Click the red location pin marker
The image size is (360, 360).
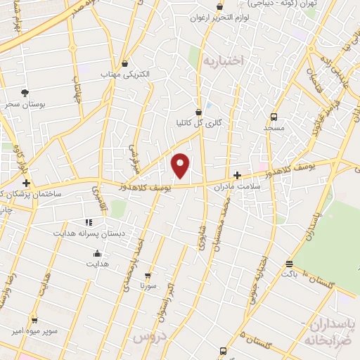tap(181, 165)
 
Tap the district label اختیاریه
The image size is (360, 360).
tap(222, 62)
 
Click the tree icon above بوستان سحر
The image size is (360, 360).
tap(25, 93)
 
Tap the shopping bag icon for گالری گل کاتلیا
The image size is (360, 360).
tap(199, 111)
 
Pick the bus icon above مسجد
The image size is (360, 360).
tap(274, 117)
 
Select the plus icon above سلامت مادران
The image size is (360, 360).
tap(238, 175)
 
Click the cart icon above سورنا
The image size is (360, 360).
tap(148, 276)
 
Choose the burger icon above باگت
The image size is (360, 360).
tap(289, 264)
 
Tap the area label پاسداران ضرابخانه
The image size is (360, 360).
tap(332, 331)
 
